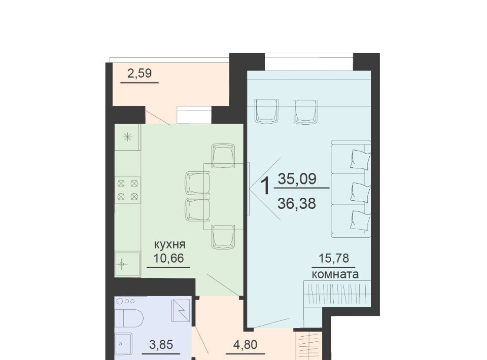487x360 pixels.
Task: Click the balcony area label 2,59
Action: [140, 74]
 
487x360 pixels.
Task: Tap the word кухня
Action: [170, 244]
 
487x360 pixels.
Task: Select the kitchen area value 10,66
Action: [168, 258]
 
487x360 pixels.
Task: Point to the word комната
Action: [335, 274]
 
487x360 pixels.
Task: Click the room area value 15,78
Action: [334, 258]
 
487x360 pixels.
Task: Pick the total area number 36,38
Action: [297, 204]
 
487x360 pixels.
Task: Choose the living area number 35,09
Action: [297, 179]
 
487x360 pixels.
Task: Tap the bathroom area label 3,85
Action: [161, 345]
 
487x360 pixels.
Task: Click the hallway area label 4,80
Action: [246, 345]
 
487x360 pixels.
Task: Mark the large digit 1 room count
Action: [265, 186]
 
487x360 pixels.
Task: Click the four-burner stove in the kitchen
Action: [128, 190]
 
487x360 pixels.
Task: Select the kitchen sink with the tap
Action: [127, 264]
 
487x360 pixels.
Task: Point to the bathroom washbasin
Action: [124, 344]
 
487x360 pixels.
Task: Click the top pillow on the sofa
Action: [360, 159]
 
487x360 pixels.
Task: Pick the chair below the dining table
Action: [223, 237]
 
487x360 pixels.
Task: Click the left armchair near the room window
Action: [266, 111]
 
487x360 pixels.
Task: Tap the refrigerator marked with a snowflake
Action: [128, 137]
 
